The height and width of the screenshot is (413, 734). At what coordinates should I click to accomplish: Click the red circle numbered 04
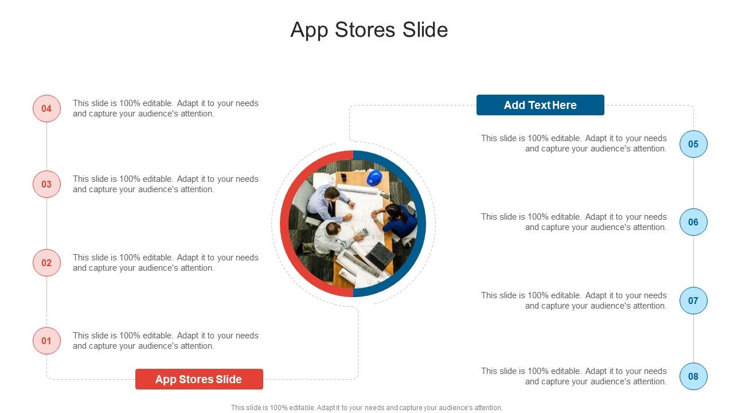(x=46, y=108)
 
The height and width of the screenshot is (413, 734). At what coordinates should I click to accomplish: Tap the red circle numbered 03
(x=46, y=184)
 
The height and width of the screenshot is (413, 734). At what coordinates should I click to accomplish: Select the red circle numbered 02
(x=46, y=263)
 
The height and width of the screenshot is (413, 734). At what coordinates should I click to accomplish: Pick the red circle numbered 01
(x=46, y=341)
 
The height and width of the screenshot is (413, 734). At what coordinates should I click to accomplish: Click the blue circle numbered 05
(x=693, y=144)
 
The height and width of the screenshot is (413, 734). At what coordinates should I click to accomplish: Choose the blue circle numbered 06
(x=693, y=222)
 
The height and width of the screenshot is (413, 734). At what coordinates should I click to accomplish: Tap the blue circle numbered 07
(x=693, y=301)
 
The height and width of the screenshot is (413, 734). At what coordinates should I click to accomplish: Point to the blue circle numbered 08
(x=693, y=376)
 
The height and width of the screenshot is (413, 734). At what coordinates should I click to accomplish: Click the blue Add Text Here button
(x=540, y=105)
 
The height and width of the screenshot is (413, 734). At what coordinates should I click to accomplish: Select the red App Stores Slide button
(x=199, y=379)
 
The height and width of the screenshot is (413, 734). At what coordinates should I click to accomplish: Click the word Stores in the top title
(x=366, y=30)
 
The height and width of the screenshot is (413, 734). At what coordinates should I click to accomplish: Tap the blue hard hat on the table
(x=374, y=178)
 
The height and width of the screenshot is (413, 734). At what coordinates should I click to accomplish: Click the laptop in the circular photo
(x=380, y=255)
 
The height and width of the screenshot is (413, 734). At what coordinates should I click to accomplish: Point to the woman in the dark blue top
(x=398, y=220)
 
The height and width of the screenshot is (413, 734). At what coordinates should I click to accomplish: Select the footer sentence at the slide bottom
(x=367, y=408)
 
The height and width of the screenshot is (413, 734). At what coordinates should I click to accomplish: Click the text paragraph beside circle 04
(x=166, y=108)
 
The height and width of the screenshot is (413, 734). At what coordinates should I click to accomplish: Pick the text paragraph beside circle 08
(x=574, y=376)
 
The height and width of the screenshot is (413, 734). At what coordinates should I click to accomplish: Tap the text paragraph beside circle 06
(x=574, y=222)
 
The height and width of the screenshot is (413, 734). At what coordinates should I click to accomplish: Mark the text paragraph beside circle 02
(x=166, y=263)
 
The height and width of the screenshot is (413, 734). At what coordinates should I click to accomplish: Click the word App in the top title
(x=310, y=30)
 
